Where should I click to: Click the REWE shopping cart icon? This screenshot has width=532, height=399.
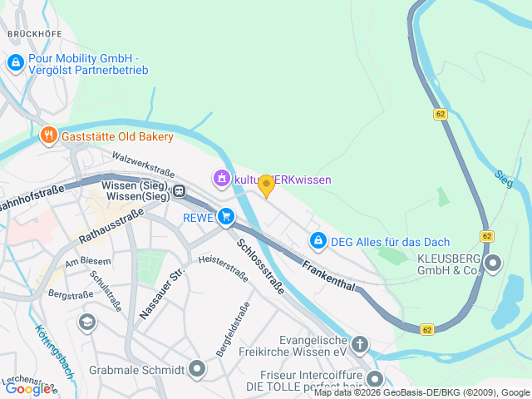225,218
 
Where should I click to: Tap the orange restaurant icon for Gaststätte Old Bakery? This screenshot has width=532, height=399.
48,135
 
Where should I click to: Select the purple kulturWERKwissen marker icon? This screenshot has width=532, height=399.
221,179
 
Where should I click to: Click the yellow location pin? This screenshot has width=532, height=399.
266,185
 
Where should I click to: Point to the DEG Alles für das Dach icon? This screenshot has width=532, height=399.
318,241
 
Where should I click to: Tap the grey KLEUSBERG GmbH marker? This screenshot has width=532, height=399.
493,264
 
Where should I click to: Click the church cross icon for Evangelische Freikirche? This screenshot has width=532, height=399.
359,343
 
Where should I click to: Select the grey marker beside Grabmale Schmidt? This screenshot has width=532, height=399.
197,367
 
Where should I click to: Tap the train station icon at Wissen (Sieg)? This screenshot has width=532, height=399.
179,191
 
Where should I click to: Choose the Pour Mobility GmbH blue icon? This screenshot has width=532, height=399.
15,62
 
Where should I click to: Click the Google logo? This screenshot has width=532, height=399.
27,388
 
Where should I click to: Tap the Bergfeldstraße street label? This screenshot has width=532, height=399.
233,329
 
